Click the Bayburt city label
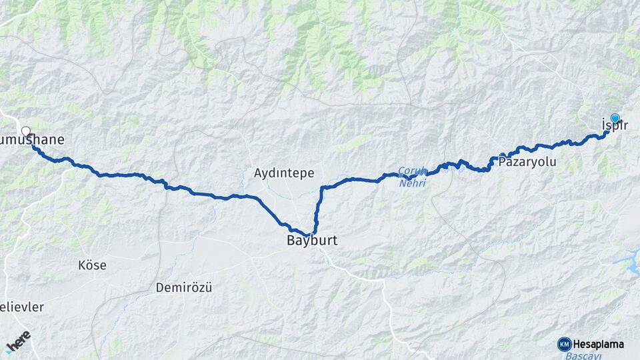pyautogui.click(x=312, y=241)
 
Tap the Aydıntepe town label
pyautogui.click(x=284, y=173)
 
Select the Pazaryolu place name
pyautogui.click(x=527, y=162)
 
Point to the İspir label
pyautogui.click(x=615, y=125)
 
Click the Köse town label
pyautogui.click(x=92, y=265)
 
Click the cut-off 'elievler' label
pyautogui.click(x=21, y=307)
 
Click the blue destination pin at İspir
pyautogui.click(x=615, y=118)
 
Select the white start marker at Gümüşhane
pyautogui.click(x=26, y=131)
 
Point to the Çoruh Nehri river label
pyautogui.click(x=412, y=176)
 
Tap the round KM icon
pyautogui.click(x=565, y=345)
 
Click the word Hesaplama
pyautogui.click(x=598, y=345)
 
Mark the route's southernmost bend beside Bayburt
pyautogui.click(x=308, y=233)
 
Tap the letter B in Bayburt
pyautogui.click(x=291, y=241)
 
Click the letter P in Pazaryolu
pyautogui.click(x=503, y=162)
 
